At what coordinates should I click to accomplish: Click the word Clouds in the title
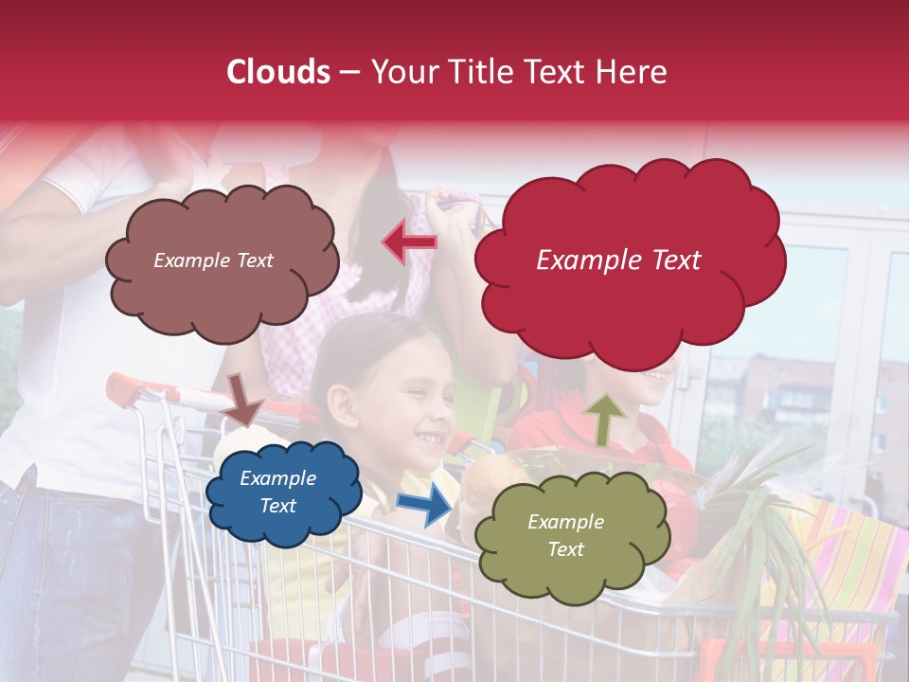pyautogui.click(x=276, y=72)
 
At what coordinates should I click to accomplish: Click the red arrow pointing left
pyautogui.click(x=410, y=242)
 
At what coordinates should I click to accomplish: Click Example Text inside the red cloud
pyautogui.click(x=618, y=260)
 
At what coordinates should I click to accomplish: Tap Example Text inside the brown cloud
pyautogui.click(x=213, y=260)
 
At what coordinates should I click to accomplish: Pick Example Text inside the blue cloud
pyautogui.click(x=278, y=493)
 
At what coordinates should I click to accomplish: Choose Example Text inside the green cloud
pyautogui.click(x=565, y=535)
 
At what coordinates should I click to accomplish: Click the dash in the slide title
pyautogui.click(x=348, y=72)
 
